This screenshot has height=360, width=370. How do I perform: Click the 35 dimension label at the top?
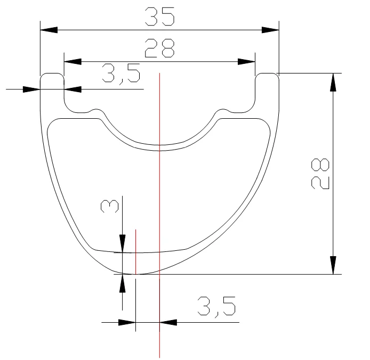point(160,18)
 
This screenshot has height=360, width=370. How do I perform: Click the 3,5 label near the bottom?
point(216,308)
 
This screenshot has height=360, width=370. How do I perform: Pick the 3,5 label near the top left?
point(121,75)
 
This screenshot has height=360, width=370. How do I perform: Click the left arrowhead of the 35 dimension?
point(49,30)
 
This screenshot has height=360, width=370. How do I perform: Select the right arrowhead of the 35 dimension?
point(271,30)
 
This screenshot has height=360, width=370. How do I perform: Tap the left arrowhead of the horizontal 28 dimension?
point(71,61)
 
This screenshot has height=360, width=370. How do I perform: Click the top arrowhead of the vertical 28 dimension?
point(333,81)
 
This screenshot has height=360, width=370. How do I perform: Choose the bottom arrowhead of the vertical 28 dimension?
point(333,266)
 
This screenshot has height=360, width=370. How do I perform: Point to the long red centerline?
point(159,213)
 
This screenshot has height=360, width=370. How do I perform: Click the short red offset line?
point(136,250)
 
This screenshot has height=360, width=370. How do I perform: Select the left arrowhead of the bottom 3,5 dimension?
point(127,322)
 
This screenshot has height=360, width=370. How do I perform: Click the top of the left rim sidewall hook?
point(52,73)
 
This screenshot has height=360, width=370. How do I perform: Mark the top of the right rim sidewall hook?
point(267,73)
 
